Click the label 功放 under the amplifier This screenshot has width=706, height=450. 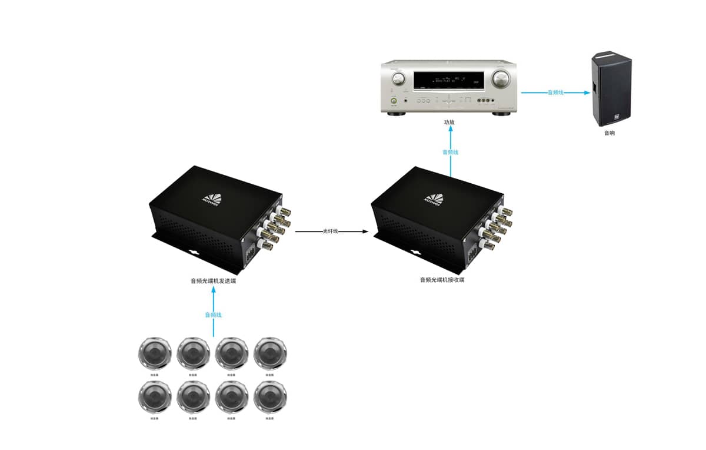(450, 123)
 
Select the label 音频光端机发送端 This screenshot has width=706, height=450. (213, 281)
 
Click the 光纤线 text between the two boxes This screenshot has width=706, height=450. (331, 231)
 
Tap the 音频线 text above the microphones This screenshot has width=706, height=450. (214, 315)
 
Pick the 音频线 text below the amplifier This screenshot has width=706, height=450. (450, 152)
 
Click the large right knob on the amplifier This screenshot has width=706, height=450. (501, 78)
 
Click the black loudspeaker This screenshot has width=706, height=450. (611, 89)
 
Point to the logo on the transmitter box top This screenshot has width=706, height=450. (210, 198)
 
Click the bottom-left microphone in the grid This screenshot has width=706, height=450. (154, 398)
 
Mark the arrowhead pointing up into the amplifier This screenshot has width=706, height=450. (450, 131)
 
